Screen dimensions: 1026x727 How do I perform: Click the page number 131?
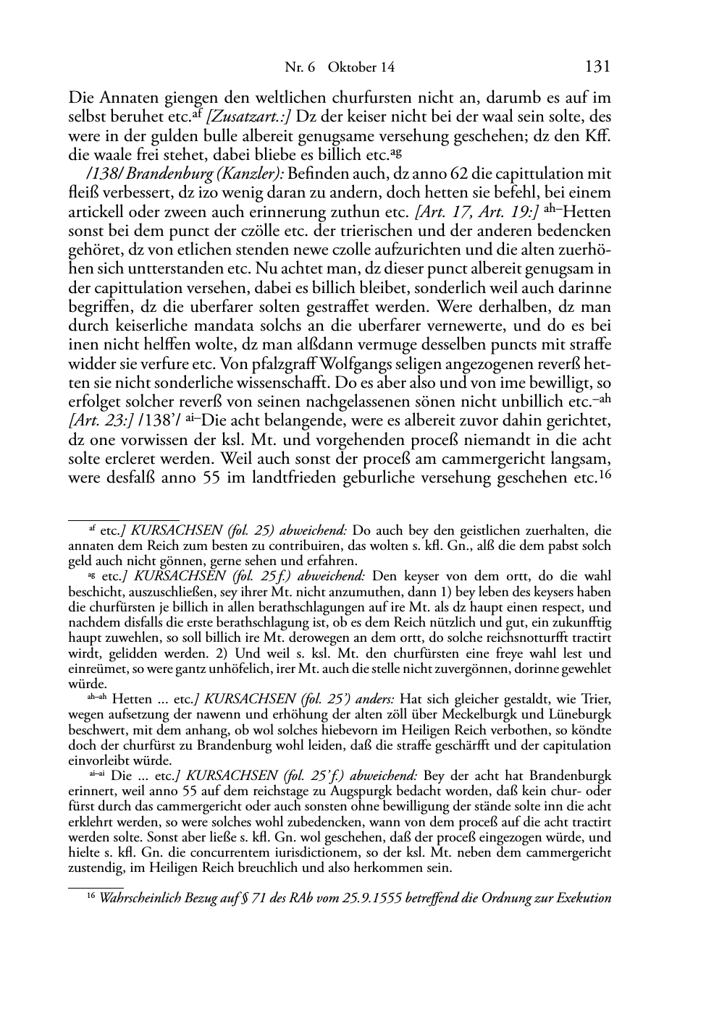point(597,67)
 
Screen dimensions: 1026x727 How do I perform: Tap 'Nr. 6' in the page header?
point(301,67)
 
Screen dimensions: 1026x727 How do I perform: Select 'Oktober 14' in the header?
point(361,67)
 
